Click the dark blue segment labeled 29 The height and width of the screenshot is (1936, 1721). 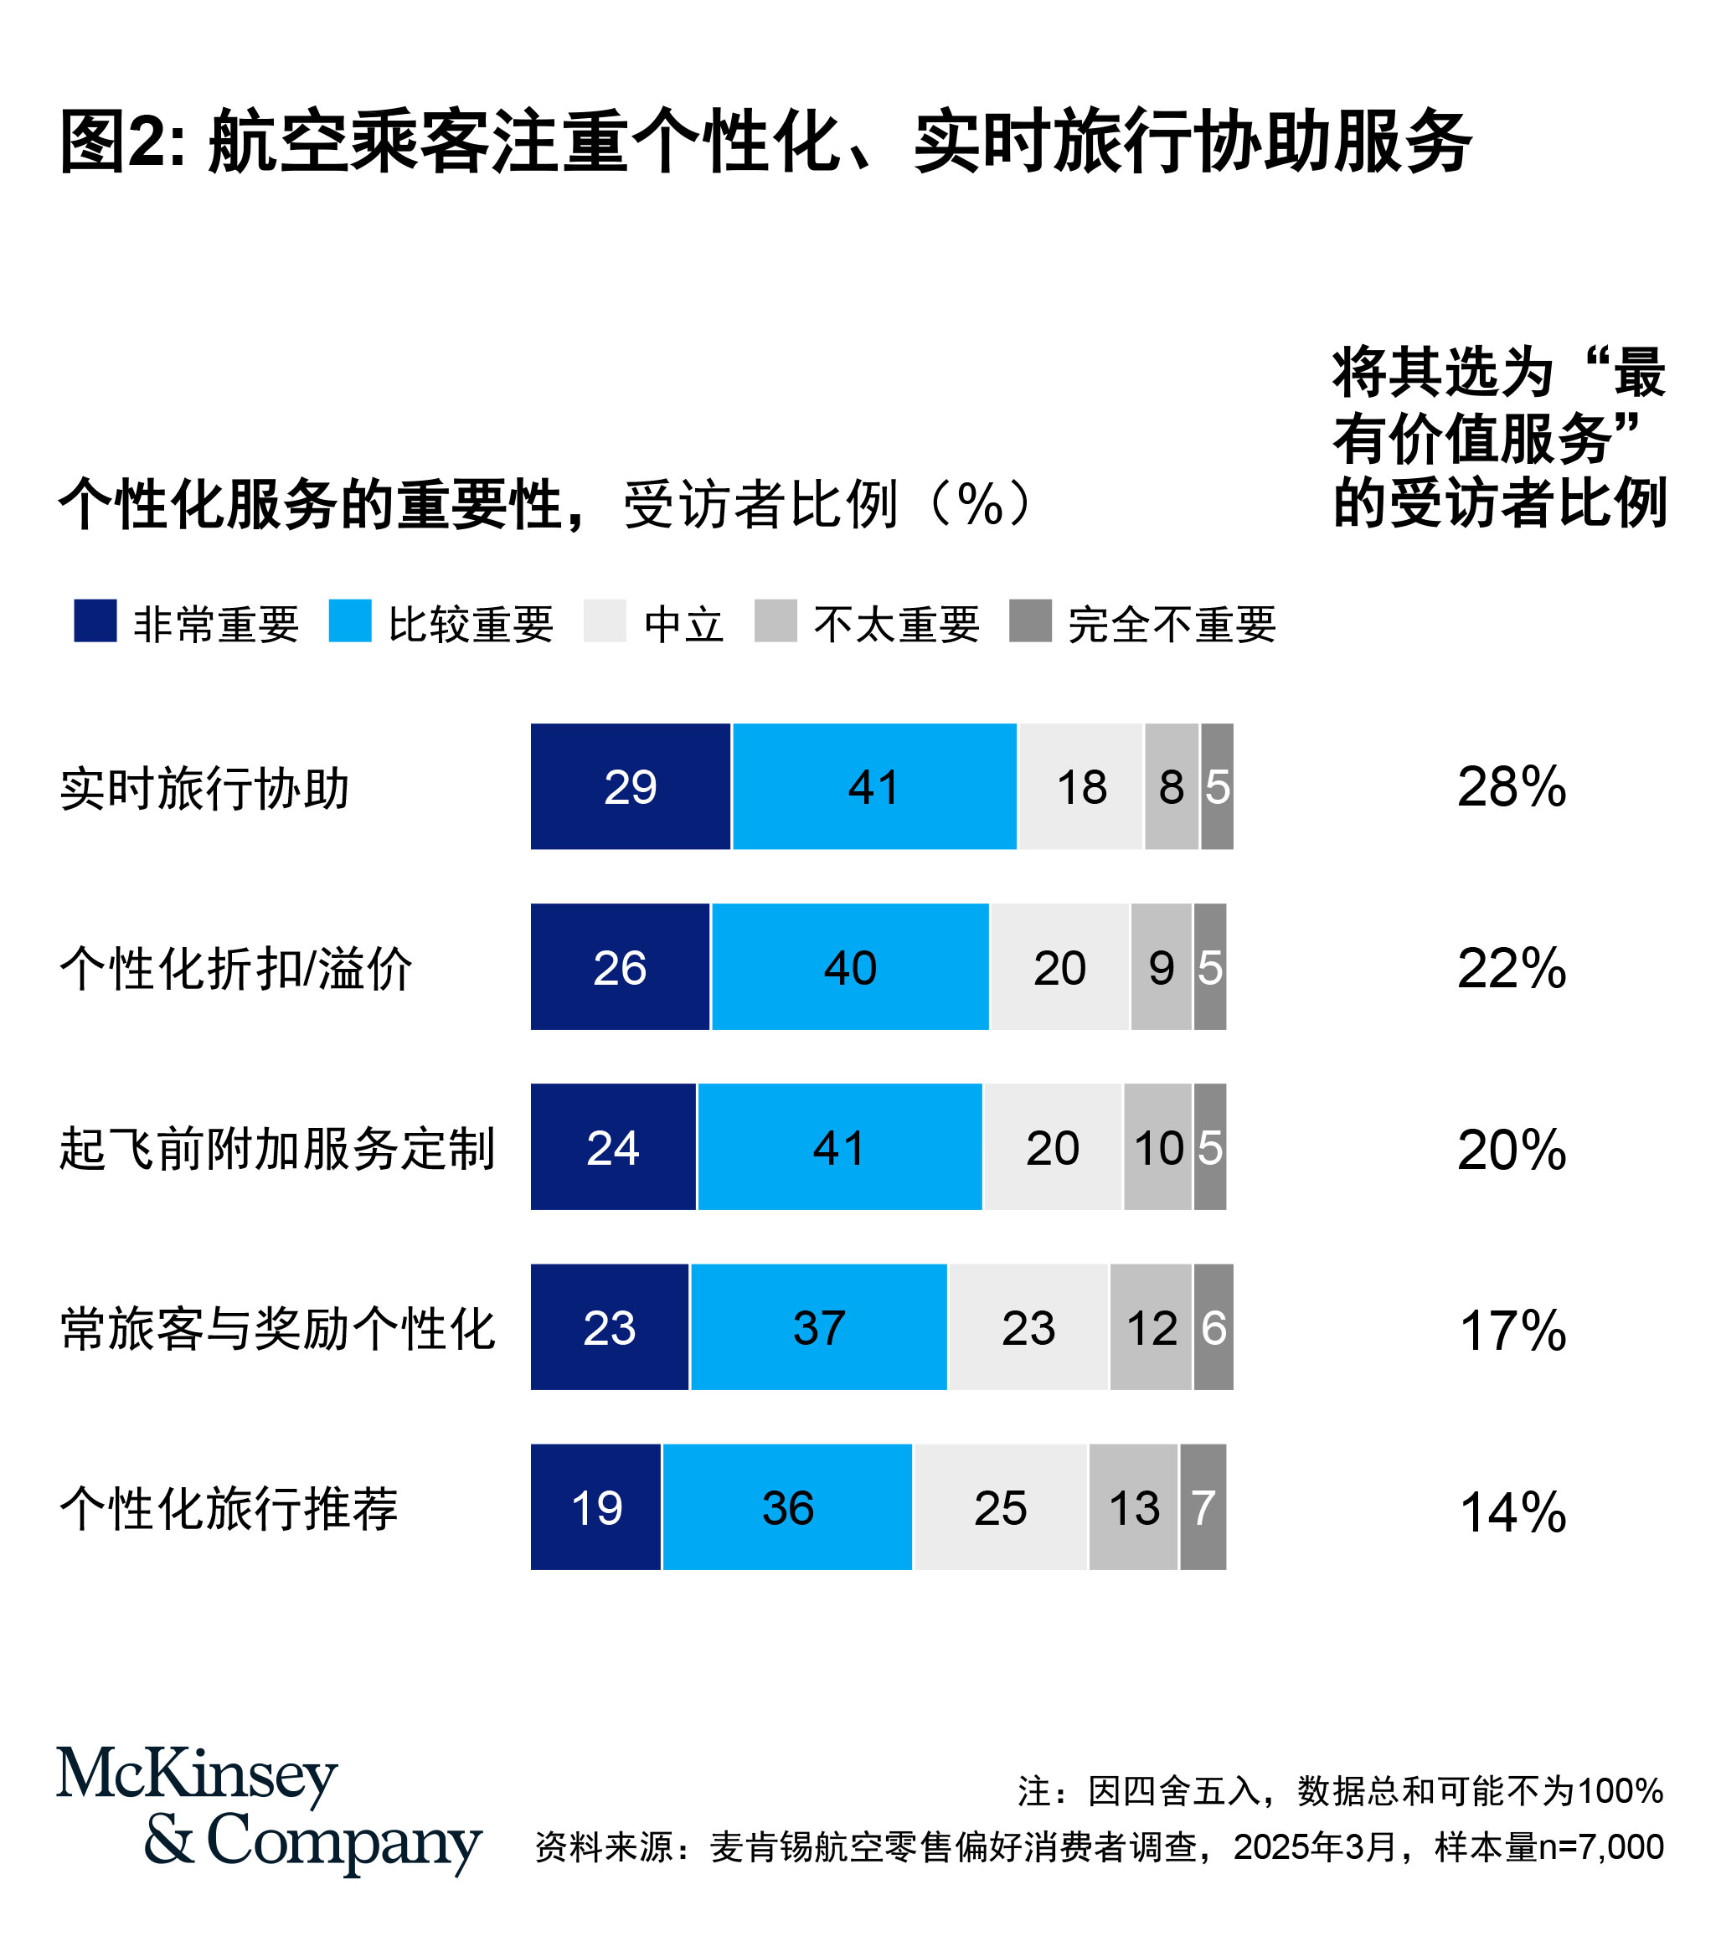click(x=630, y=786)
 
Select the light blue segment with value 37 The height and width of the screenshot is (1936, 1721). click(x=818, y=1327)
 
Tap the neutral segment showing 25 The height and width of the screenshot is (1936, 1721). click(x=1000, y=1507)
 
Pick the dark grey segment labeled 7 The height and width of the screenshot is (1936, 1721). click(x=1203, y=1507)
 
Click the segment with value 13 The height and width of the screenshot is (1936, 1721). click(x=1133, y=1507)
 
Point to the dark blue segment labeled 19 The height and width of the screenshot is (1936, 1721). click(x=595, y=1507)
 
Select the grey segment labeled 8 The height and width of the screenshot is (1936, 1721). click(x=1172, y=786)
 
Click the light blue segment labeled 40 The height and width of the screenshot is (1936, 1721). click(x=849, y=967)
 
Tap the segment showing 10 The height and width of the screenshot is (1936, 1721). click(x=1157, y=1147)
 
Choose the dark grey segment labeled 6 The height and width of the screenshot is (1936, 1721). click(x=1213, y=1327)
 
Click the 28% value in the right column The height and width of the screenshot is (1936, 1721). click(x=1512, y=786)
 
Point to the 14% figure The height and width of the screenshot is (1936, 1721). click(x=1512, y=1511)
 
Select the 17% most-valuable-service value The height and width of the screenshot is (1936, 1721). click(x=1512, y=1330)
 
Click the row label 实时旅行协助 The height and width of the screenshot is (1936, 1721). click(x=204, y=789)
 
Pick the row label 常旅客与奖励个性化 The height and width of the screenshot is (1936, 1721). click(x=277, y=1329)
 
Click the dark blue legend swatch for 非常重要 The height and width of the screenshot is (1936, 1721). click(x=95, y=620)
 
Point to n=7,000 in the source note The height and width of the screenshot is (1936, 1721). click(x=1600, y=1846)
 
